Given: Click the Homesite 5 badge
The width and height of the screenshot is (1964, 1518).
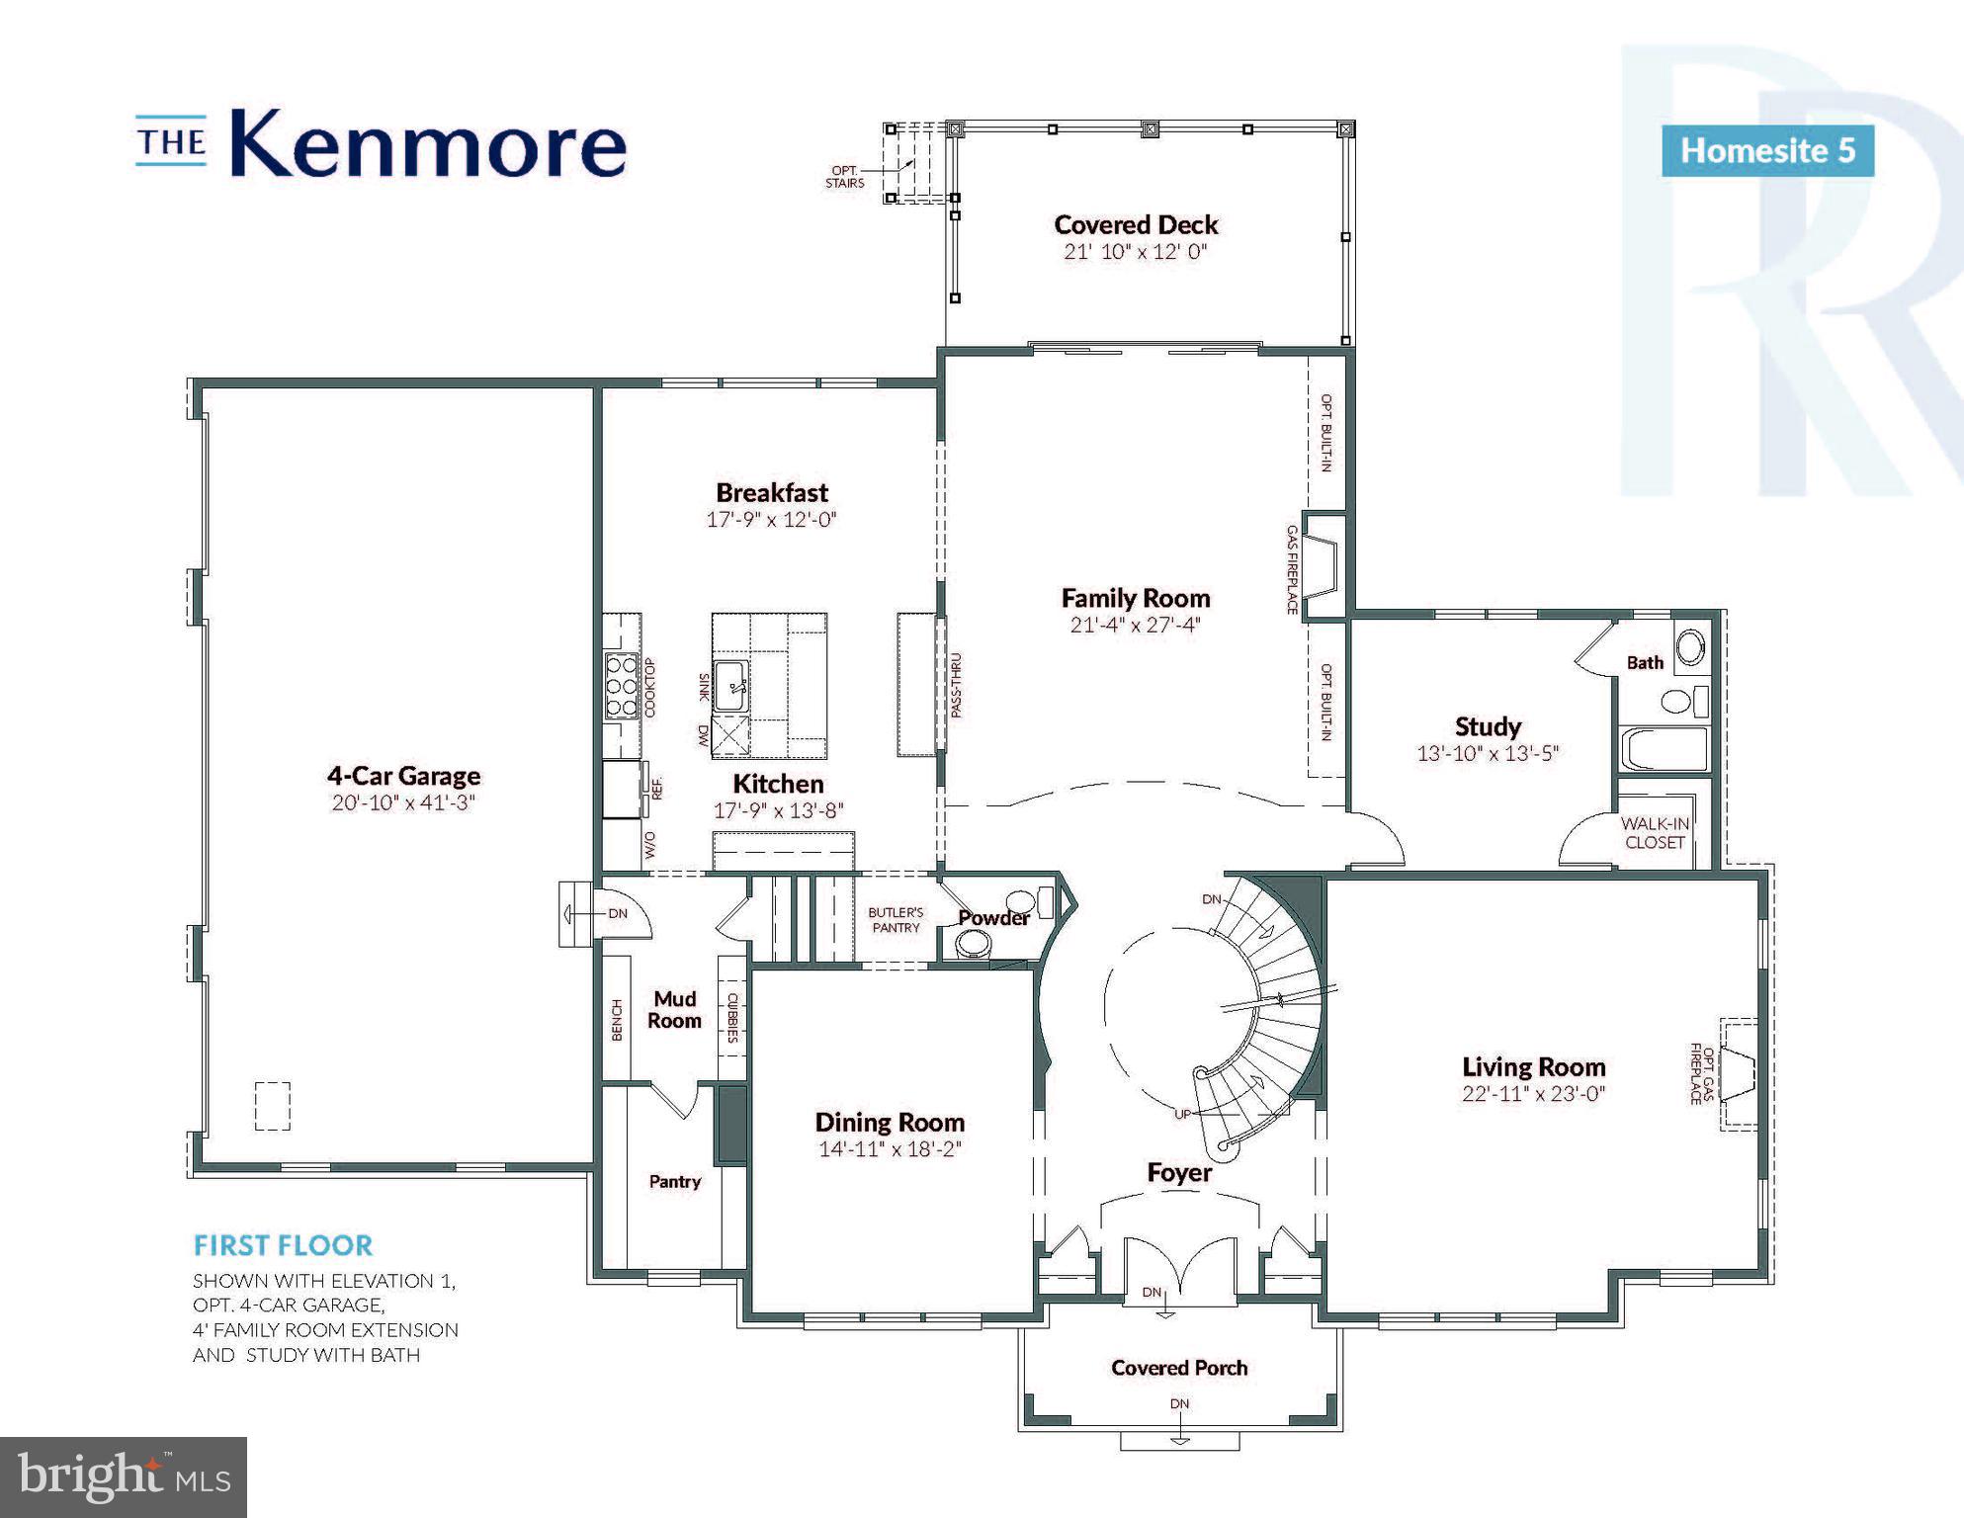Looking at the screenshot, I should click(1767, 151).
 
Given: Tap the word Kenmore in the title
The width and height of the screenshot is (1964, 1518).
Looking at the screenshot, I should click(428, 145).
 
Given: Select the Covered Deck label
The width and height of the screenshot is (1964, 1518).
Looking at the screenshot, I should click(1136, 225).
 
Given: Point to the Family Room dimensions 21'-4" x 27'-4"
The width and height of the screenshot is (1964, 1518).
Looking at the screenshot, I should click(1135, 625).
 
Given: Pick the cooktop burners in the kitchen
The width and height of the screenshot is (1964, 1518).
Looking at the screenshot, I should click(622, 685).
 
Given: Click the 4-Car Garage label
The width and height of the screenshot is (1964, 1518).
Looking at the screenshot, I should click(403, 776).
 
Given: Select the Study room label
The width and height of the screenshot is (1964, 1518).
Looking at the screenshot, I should click(1488, 726).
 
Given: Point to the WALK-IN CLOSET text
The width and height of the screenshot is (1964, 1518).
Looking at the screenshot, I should click(1654, 833).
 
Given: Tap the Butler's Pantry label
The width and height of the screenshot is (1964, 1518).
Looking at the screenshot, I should click(896, 919).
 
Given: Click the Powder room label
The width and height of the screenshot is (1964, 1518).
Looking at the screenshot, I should click(993, 917).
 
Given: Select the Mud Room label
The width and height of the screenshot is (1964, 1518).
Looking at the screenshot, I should click(674, 1009).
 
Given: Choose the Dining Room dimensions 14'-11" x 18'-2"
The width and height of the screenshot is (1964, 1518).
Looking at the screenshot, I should click(890, 1148).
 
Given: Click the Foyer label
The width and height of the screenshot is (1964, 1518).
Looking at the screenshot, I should click(1178, 1172).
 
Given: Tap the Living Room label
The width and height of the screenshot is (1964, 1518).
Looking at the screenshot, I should click(1533, 1067).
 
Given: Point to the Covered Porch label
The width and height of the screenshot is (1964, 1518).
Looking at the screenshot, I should click(1179, 1368).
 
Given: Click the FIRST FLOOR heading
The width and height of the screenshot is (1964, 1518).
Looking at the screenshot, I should click(283, 1245).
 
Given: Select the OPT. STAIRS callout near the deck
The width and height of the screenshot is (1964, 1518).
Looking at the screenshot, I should click(845, 177).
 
